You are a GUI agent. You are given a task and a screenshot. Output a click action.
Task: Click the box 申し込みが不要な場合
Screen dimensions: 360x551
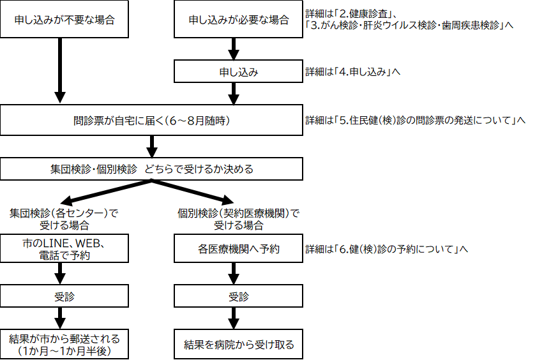64,19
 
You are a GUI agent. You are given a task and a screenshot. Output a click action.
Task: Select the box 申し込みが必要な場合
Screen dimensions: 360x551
238,19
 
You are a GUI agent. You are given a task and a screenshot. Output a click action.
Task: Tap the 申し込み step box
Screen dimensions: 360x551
238,72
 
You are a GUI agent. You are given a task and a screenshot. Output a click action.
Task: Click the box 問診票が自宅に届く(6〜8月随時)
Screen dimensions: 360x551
151,120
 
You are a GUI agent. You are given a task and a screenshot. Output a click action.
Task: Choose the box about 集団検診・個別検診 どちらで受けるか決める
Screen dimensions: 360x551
151,169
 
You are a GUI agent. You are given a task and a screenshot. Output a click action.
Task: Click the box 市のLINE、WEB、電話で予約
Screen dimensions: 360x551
64,249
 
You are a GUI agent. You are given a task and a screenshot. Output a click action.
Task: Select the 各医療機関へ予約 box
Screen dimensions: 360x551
238,249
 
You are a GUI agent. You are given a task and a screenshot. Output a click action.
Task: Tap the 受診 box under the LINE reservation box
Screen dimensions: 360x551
64,296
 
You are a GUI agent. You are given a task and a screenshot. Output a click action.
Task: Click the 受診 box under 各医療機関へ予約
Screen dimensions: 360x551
238,296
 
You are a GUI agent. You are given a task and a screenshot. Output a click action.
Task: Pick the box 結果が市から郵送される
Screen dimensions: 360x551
64,344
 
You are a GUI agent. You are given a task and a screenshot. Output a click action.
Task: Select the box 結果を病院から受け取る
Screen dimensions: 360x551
238,344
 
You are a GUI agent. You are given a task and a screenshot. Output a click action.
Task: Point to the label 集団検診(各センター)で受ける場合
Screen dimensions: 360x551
64,218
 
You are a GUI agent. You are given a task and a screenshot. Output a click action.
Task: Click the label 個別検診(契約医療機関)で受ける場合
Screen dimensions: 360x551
238,218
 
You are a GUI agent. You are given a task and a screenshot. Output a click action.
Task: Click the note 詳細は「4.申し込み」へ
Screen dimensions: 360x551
352,72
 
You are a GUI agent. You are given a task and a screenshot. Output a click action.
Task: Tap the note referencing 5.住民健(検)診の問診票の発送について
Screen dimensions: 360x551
415,120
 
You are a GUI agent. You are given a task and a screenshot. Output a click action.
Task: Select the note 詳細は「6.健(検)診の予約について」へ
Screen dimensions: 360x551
387,249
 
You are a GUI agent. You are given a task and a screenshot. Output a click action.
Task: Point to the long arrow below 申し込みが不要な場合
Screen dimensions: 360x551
60,70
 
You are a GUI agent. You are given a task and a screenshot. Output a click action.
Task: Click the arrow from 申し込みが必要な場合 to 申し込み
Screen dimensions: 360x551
234,49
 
